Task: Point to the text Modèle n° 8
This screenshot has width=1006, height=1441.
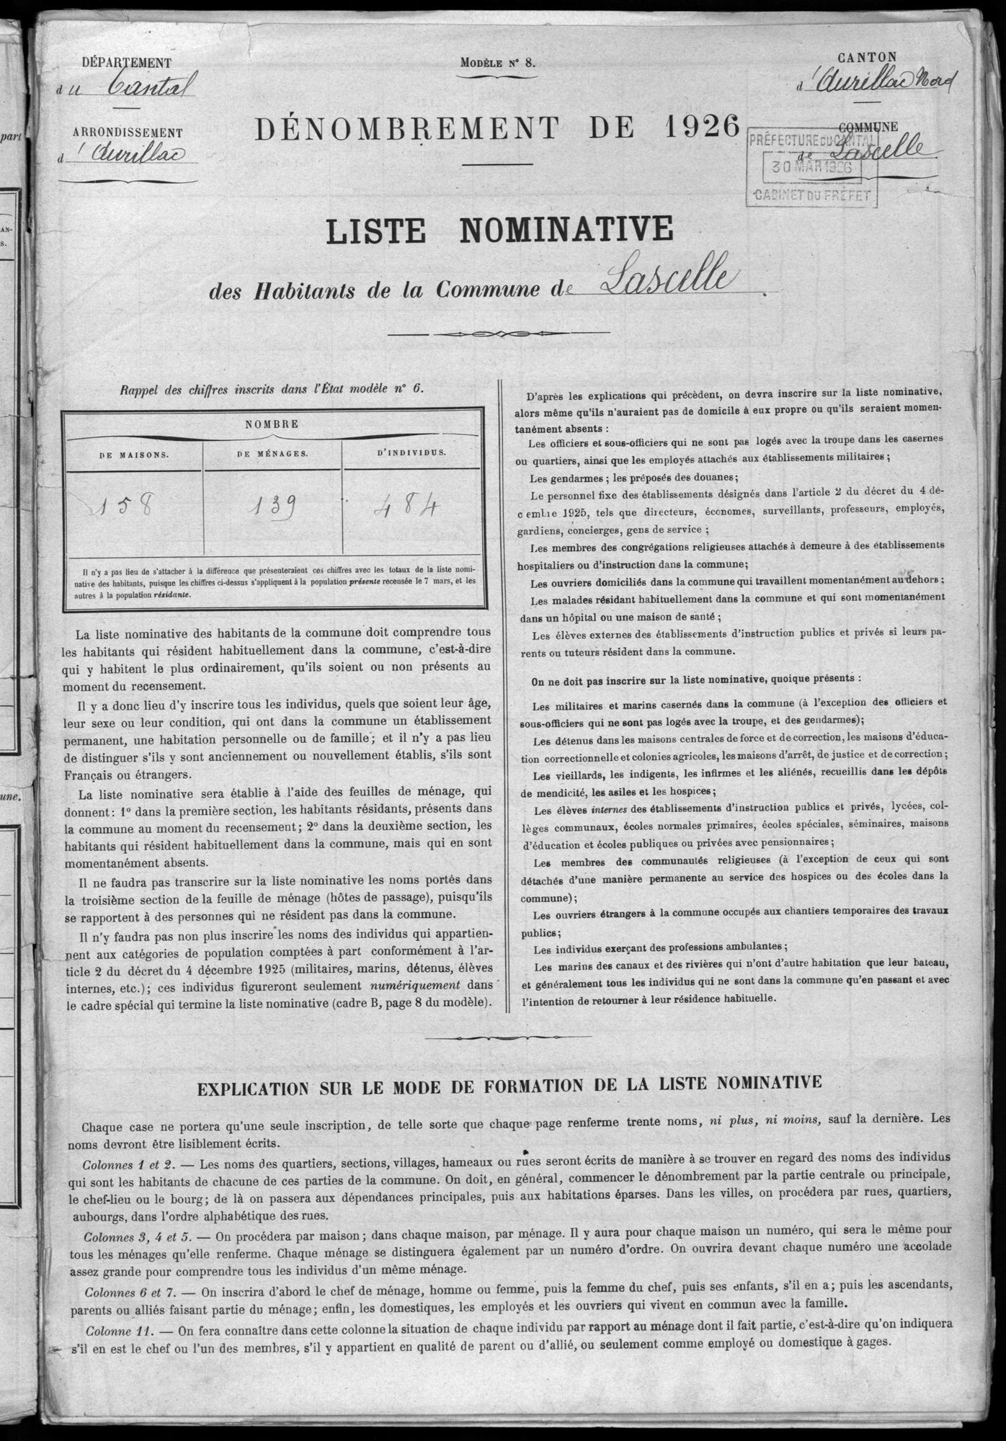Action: pyautogui.click(x=498, y=62)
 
